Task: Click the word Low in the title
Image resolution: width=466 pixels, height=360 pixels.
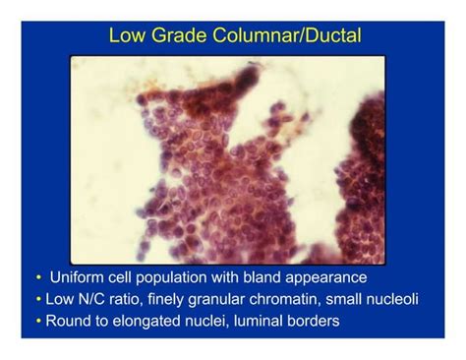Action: tap(126, 37)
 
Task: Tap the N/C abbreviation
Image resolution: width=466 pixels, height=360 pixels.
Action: tap(94, 299)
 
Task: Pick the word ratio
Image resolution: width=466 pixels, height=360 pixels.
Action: tap(133, 299)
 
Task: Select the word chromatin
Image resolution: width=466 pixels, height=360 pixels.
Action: tap(292, 299)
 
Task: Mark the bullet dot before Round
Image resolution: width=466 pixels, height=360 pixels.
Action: tap(38, 321)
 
